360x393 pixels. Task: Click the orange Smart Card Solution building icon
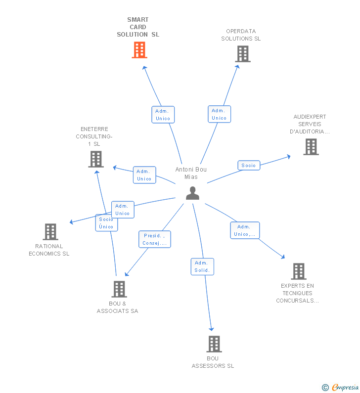click(x=139, y=50)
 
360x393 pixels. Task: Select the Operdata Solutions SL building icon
click(x=242, y=54)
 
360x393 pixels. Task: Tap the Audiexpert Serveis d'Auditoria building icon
click(x=311, y=147)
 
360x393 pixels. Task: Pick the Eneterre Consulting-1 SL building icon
click(x=95, y=159)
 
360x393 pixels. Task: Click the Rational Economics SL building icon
click(x=50, y=232)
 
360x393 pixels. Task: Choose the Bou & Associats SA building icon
click(x=119, y=289)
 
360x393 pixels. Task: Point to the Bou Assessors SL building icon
click(x=214, y=344)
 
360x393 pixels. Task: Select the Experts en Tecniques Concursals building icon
click(x=298, y=271)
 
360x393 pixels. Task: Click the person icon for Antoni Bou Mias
click(x=192, y=193)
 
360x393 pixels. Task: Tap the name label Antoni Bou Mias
click(x=191, y=173)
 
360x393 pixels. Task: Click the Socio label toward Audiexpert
click(x=249, y=166)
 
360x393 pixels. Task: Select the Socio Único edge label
click(x=106, y=223)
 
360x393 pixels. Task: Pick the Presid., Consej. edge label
click(x=155, y=239)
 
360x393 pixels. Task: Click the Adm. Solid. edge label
click(x=202, y=266)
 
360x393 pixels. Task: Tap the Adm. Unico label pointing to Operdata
click(x=219, y=114)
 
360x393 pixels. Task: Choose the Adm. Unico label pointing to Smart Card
click(x=163, y=115)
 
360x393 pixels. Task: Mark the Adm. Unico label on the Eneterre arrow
click(x=144, y=175)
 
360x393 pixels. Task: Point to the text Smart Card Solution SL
click(x=138, y=27)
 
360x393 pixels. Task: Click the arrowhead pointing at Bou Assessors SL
click(x=212, y=328)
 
